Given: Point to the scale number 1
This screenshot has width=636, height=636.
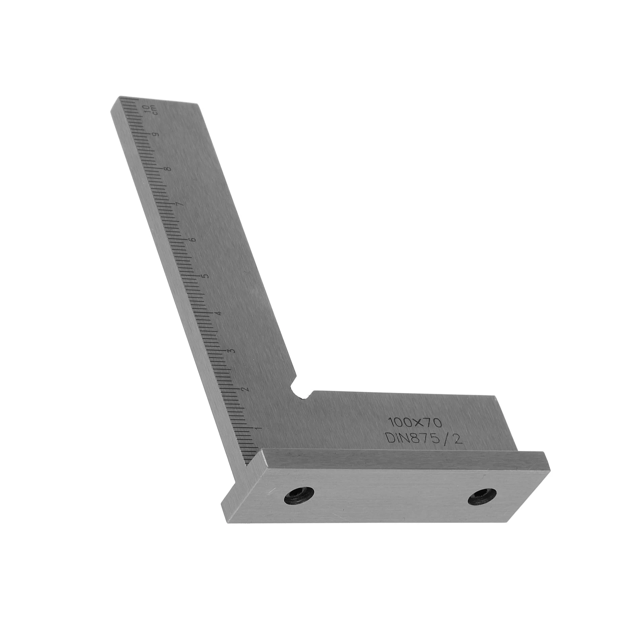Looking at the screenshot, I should point(260,429).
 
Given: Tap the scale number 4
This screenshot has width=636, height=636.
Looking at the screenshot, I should point(218,314).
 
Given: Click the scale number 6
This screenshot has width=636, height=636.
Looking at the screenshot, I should point(193,240).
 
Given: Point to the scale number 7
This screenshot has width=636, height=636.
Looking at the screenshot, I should point(180,204).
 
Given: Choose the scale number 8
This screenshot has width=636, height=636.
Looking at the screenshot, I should point(169,169).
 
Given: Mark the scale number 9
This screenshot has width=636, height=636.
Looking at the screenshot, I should point(156,134).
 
